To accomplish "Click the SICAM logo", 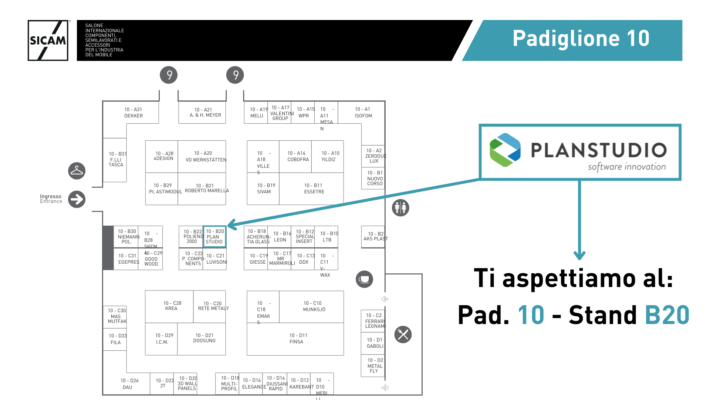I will (48, 40).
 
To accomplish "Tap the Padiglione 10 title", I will (581, 39).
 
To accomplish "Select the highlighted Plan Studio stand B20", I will (214, 236).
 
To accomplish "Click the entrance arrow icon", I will (77, 199).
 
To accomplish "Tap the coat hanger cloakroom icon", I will (77, 171).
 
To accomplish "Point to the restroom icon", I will (400, 208).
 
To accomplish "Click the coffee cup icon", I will (364, 279).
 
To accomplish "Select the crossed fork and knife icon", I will (403, 335).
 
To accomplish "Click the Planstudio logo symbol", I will (505, 150).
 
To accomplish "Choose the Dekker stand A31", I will (133, 113).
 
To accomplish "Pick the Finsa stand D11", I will (296, 339).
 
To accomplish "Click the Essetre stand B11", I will (314, 189).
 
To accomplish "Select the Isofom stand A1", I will (363, 113).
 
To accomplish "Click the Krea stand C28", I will (172, 306).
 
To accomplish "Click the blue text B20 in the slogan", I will (667, 315).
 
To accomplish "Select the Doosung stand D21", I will (204, 338).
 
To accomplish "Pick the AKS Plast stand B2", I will (374, 236).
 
